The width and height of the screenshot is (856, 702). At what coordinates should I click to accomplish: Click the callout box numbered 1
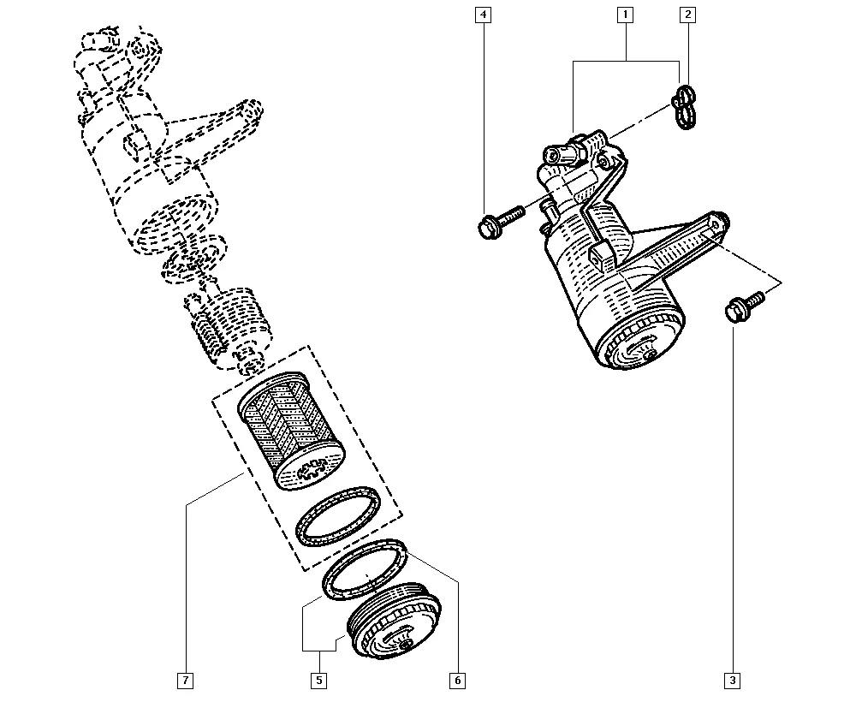click(x=625, y=15)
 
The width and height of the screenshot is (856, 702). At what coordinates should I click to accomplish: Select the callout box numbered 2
click(x=687, y=15)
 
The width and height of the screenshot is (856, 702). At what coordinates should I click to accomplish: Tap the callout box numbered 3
click(x=733, y=681)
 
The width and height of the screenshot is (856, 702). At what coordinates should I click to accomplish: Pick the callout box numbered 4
click(x=483, y=15)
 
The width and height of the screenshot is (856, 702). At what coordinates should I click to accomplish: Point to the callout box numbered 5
click(x=319, y=681)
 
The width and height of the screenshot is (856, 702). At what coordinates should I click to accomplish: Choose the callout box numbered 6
click(x=457, y=681)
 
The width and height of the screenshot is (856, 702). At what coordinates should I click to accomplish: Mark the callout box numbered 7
click(x=186, y=681)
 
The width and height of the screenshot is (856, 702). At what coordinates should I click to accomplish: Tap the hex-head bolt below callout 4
click(x=500, y=221)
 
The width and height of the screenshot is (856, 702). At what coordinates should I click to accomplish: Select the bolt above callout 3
click(x=744, y=306)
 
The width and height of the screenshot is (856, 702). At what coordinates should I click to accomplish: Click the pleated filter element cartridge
click(x=292, y=430)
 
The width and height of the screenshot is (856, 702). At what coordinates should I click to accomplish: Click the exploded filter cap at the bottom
click(x=394, y=621)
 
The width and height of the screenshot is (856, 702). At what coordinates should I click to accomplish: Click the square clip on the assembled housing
click(x=602, y=255)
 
